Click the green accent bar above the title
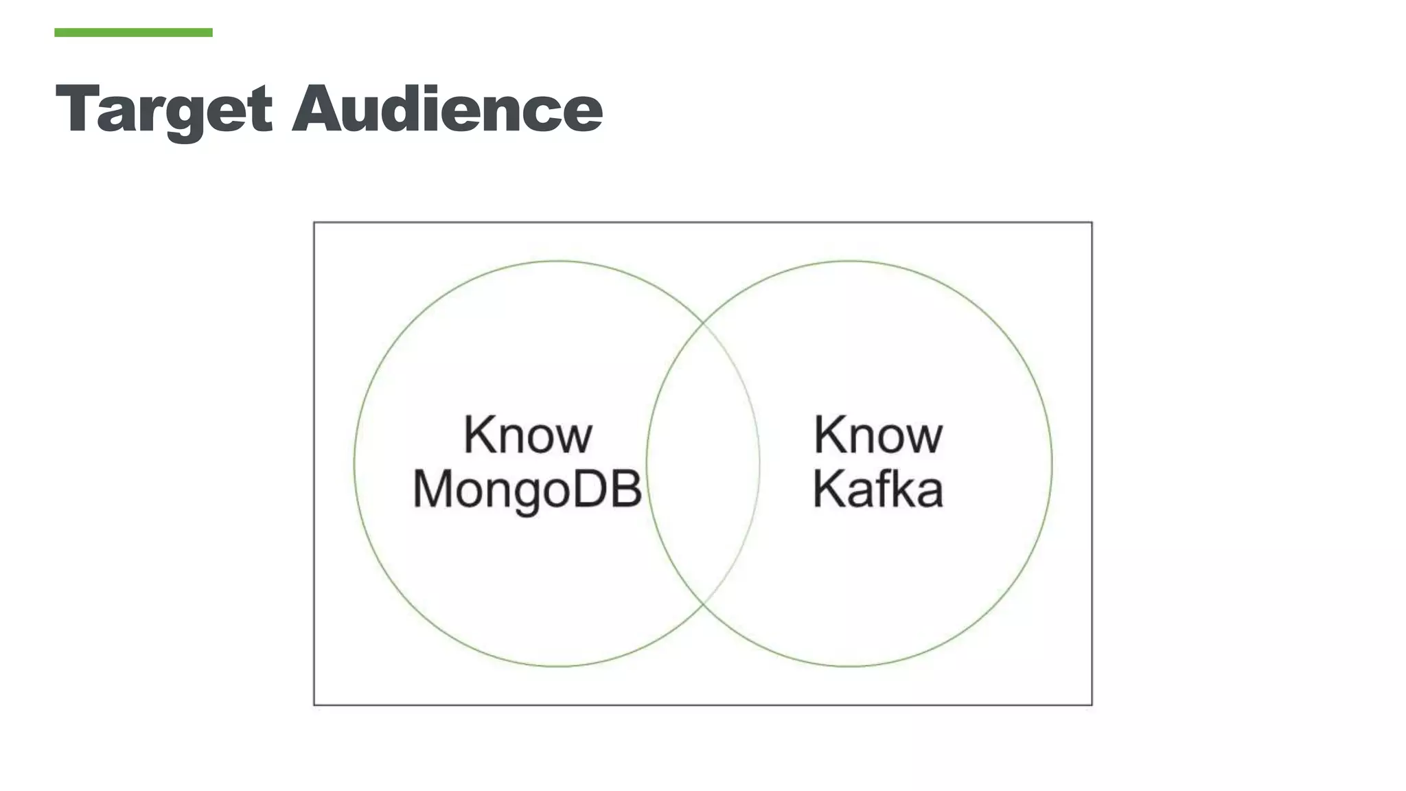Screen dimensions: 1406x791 pyautogui.click(x=133, y=32)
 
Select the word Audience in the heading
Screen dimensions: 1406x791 pyautogui.click(x=447, y=108)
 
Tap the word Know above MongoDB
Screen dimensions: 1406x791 pyautogui.click(x=527, y=435)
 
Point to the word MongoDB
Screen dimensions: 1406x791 pyautogui.click(x=527, y=490)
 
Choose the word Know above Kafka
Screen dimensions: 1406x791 pyautogui.click(x=878, y=435)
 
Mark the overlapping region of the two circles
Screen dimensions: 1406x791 pyautogui.click(x=703, y=463)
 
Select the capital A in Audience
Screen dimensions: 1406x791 pyautogui.click(x=319, y=108)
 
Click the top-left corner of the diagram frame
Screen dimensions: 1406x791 pyautogui.click(x=314, y=222)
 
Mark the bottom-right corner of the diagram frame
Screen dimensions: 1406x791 pyautogui.click(x=1092, y=704)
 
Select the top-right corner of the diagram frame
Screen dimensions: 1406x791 pyautogui.click(x=1092, y=222)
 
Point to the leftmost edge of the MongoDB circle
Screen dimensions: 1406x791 pyautogui.click(x=354, y=463)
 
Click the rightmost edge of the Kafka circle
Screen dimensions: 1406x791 pyautogui.click(x=1052, y=463)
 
